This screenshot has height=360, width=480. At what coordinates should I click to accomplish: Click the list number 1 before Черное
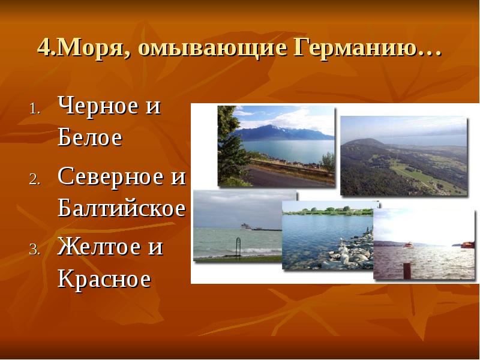[34, 110]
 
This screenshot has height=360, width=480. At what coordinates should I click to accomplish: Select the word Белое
[90, 138]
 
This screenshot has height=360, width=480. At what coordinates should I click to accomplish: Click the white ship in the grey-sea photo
[247, 227]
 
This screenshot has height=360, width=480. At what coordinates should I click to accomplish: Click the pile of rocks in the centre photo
[348, 252]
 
